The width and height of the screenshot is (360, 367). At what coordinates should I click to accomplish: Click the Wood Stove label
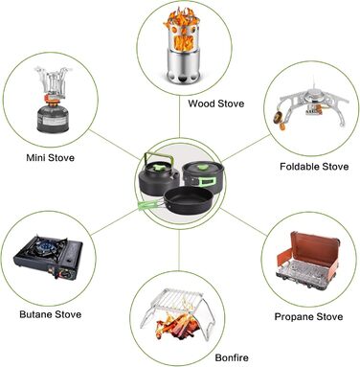point(215,103)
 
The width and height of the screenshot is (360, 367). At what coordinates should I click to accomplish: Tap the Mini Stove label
point(50,157)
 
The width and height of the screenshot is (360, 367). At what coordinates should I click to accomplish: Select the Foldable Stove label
point(314,167)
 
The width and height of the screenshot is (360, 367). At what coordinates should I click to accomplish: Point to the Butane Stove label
point(51,314)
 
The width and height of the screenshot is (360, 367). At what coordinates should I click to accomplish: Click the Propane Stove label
point(308,316)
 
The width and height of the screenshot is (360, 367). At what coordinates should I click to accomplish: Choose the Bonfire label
point(232,357)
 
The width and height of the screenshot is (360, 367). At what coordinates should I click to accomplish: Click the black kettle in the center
point(158,179)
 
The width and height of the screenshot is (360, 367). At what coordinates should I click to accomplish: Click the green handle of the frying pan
point(148,203)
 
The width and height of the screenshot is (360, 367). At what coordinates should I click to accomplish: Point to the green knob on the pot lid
point(201,166)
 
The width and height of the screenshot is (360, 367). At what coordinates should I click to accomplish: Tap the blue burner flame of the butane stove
point(44,246)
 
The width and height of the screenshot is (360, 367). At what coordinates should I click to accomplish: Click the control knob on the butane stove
point(66,274)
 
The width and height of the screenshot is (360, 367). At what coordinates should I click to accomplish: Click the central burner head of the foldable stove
point(314,96)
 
